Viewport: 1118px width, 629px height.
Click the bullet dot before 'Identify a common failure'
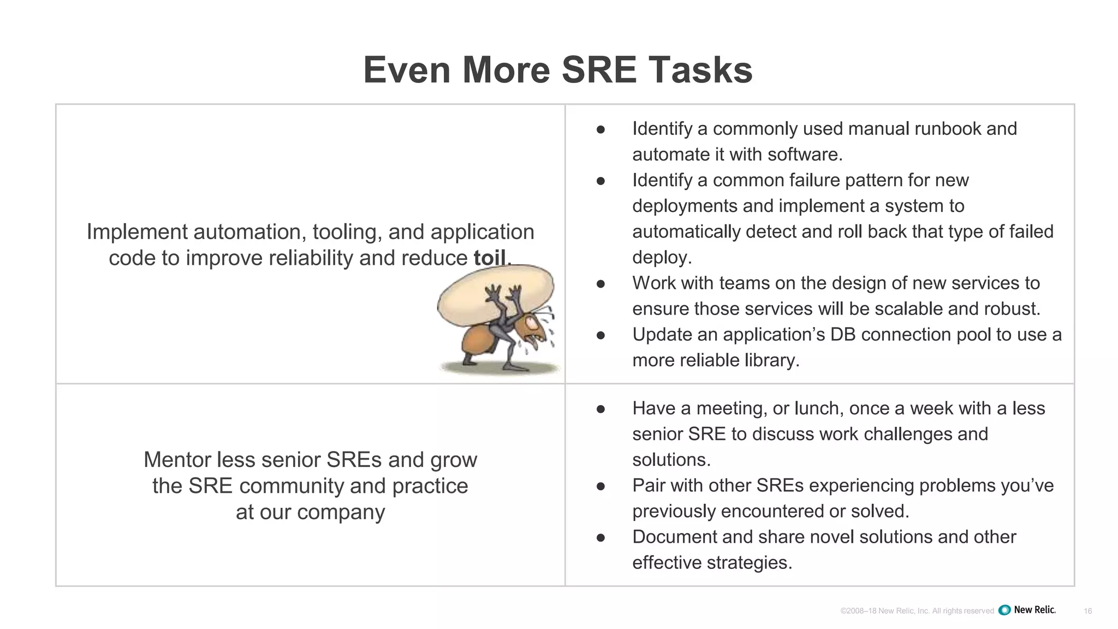[x=600, y=181]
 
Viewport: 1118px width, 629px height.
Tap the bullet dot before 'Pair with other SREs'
[x=600, y=486]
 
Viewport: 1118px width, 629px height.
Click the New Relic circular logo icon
[x=1004, y=610]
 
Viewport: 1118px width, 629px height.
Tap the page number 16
[x=1087, y=611]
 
